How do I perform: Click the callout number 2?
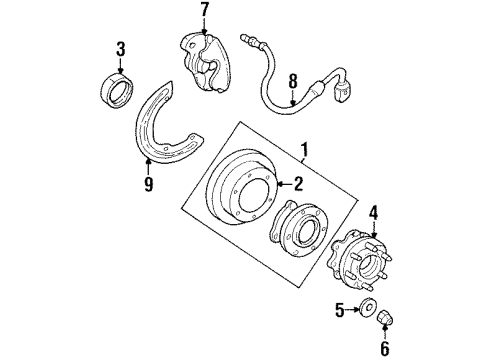(x=297, y=183)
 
